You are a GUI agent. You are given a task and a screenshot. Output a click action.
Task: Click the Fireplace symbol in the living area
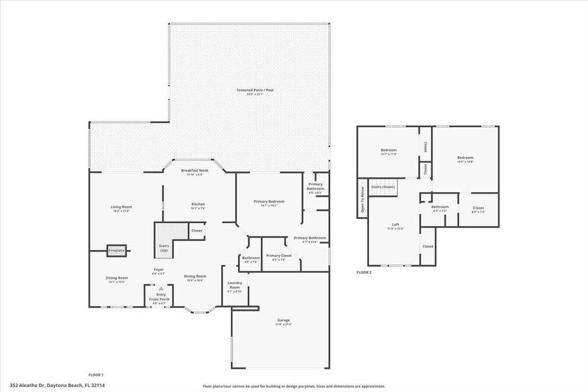117,250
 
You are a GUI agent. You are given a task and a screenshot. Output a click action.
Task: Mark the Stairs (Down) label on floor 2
383,187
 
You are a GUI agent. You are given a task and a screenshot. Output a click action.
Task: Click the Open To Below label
362,202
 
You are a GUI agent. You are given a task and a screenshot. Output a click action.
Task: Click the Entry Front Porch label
161,297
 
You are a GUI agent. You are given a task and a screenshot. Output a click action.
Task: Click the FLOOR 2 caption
364,272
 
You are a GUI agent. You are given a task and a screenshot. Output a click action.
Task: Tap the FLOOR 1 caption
96,375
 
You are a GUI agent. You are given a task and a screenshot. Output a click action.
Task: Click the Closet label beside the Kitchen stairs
197,231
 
